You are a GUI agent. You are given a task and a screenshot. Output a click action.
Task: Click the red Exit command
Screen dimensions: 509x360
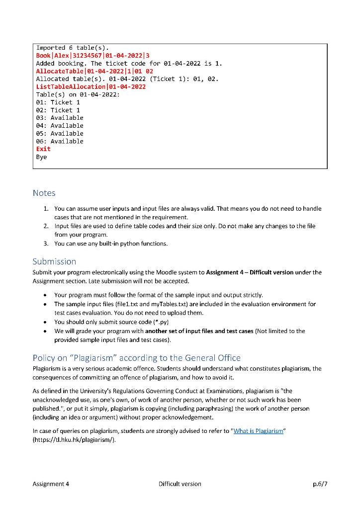[x=43, y=149]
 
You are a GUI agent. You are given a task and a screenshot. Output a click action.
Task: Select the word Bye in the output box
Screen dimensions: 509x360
[x=41, y=157]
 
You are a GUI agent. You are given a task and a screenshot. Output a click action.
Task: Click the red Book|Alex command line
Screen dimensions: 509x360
[x=93, y=56]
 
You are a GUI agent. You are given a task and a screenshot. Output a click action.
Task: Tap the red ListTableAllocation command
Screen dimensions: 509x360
[x=91, y=86]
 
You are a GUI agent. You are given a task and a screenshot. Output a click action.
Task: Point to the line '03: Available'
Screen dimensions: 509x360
[x=60, y=118]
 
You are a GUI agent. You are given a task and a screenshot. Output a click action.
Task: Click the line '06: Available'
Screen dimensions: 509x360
[x=60, y=141]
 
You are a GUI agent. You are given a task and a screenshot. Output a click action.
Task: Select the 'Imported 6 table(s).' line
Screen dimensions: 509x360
[x=73, y=48]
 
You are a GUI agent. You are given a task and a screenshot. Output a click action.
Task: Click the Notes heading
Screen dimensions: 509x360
[x=44, y=193]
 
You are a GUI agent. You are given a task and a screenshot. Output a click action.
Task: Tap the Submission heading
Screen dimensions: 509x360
[x=54, y=261]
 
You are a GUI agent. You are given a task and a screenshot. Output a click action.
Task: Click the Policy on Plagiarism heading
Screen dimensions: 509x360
[x=136, y=357]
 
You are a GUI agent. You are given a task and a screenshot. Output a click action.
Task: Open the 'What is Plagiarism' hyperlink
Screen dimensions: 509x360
[x=258, y=431]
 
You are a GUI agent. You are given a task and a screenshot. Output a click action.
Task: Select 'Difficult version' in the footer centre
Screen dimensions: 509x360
[x=180, y=484]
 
